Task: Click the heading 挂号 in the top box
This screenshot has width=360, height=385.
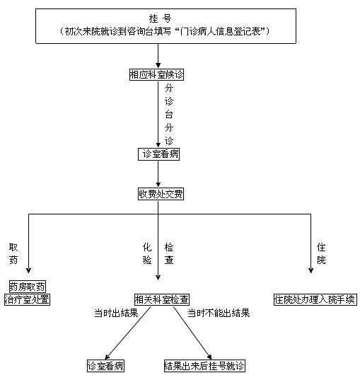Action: point(160,18)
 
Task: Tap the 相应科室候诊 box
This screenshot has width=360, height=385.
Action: point(156,74)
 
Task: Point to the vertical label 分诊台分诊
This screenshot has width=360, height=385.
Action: point(169,114)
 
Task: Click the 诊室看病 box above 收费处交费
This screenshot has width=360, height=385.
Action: point(158,154)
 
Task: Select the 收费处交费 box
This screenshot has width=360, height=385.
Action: point(161,194)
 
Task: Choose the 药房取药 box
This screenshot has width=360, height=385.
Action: point(28,287)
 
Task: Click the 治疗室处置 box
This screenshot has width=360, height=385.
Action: point(27,299)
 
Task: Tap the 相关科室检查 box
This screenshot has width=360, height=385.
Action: point(162,299)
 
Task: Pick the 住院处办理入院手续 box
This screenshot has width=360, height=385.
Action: point(315,299)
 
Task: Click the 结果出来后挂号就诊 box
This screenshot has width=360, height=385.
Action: point(204,366)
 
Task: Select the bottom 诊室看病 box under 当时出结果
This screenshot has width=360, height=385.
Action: point(106,366)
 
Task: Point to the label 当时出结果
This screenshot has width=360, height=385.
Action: point(116,313)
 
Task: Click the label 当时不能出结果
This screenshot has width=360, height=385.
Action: point(219,313)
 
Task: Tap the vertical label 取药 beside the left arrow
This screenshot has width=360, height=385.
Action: point(13,253)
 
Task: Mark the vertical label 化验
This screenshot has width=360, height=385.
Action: point(147,253)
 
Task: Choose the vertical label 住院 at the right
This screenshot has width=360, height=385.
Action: point(321,253)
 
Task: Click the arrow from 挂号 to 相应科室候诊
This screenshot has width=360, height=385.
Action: point(158,56)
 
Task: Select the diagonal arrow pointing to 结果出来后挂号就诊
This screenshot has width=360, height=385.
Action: point(192,333)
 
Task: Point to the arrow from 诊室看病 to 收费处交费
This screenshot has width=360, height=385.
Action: point(158,174)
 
